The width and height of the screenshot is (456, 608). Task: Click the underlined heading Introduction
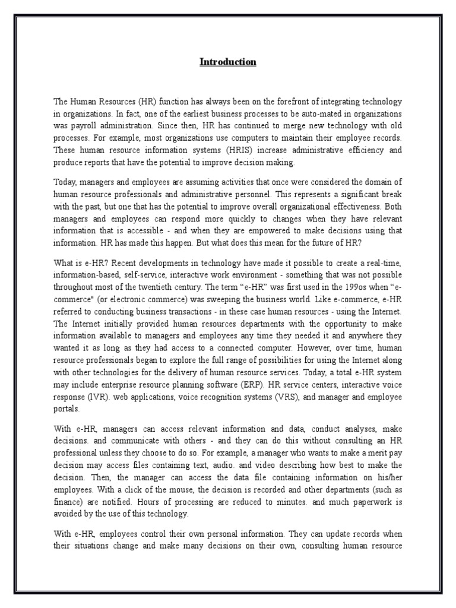[x=227, y=62]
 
